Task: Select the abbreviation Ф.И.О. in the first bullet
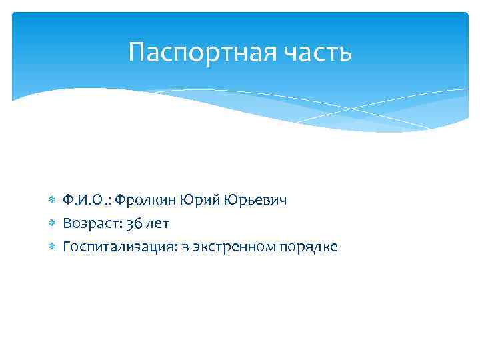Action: (87, 200)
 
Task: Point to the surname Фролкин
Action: (146, 200)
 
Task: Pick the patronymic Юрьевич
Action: (256, 200)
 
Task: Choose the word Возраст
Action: (90, 223)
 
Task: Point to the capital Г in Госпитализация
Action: (67, 246)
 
